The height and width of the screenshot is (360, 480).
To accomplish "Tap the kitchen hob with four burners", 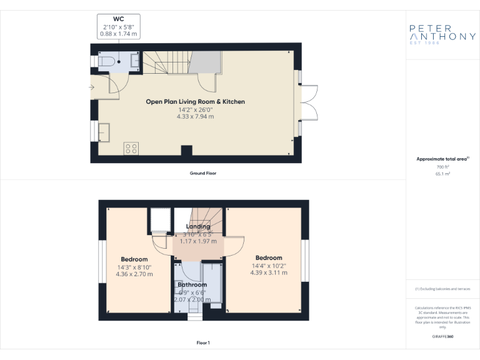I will click(131, 148).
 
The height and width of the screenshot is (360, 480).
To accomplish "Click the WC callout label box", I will click(118, 26).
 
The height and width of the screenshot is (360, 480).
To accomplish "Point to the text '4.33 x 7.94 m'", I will click(195, 117).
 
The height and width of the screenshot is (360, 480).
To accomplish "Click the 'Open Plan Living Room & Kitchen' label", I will click(195, 101).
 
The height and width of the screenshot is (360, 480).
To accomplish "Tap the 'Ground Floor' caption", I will click(203, 172).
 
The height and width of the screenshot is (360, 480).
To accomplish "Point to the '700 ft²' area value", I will click(442, 167).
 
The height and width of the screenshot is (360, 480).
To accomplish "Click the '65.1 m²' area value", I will click(442, 174).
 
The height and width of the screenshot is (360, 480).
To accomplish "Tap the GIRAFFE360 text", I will click(442, 337).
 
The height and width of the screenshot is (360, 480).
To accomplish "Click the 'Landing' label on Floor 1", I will click(198, 226).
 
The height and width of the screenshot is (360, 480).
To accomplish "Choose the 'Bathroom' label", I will click(192, 285).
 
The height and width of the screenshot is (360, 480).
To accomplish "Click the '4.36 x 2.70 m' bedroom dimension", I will click(134, 274).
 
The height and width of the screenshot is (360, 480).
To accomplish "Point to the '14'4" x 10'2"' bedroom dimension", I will click(269, 265).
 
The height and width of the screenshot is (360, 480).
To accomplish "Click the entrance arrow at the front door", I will click(92, 87).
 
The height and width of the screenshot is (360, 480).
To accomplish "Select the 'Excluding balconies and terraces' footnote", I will click(442, 289).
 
